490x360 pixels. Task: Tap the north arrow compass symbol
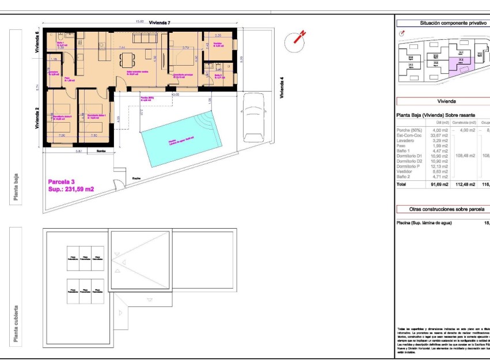pos(296,39)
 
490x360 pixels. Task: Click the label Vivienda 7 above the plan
pos(159,22)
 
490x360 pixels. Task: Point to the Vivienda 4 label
pos(282,88)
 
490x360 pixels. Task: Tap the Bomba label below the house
pos(101,151)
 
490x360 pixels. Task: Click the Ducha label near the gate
pos(137,178)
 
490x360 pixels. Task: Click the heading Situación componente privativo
pos(446,23)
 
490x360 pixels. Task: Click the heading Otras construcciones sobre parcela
pos(446,210)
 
